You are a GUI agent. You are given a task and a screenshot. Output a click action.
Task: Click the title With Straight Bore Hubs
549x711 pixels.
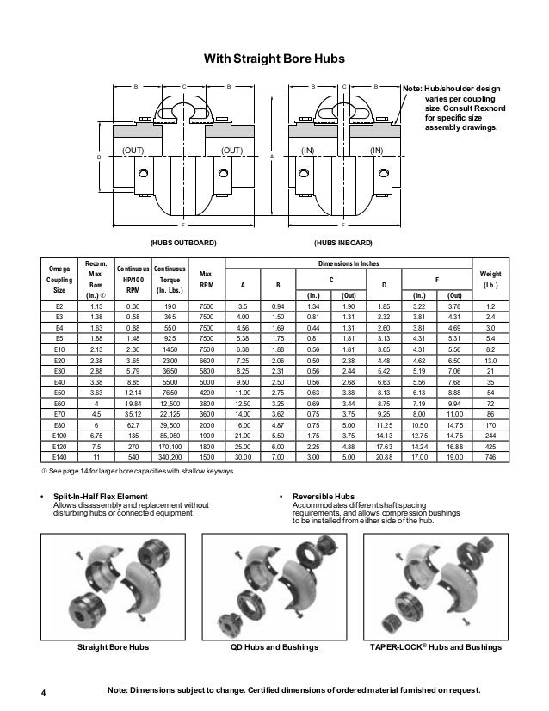coord(273,59)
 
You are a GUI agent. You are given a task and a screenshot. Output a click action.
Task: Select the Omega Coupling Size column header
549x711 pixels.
coord(59,280)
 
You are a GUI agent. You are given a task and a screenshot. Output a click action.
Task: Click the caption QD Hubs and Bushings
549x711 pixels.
coord(274,645)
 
